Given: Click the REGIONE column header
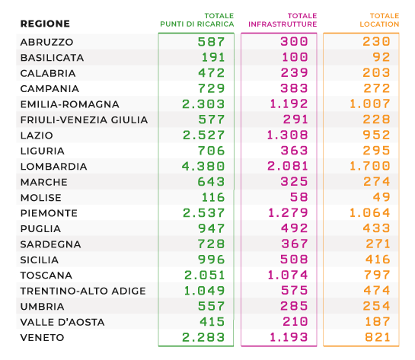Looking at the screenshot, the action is [x=45, y=24].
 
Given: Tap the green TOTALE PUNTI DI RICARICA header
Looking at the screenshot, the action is [x=197, y=20].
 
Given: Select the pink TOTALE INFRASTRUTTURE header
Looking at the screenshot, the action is [x=283, y=20].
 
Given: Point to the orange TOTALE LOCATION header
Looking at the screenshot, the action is [x=379, y=20].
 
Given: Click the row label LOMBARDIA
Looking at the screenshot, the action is [x=54, y=167].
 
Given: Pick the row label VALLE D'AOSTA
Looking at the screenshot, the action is [x=62, y=322].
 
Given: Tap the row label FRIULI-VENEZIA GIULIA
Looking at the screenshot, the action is [x=85, y=119].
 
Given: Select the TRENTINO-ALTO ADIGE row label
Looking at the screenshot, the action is [x=83, y=291].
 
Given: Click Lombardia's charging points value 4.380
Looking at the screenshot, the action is [x=203, y=167].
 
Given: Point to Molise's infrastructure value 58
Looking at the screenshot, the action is [x=299, y=197].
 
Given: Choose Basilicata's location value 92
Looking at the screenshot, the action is [x=381, y=57].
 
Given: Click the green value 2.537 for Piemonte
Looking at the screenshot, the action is [x=204, y=213].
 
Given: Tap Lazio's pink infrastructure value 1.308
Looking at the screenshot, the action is [x=287, y=135].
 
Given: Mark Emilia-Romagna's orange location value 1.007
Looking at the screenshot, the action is [x=370, y=104].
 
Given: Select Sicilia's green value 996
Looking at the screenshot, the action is [x=212, y=260].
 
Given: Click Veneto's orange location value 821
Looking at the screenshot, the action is [x=378, y=337].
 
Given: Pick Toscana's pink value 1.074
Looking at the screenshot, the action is [x=288, y=275].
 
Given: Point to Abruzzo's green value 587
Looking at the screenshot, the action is [x=211, y=42].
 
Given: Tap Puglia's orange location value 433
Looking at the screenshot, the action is [x=377, y=228].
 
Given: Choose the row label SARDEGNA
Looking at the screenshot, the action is [x=50, y=244].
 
